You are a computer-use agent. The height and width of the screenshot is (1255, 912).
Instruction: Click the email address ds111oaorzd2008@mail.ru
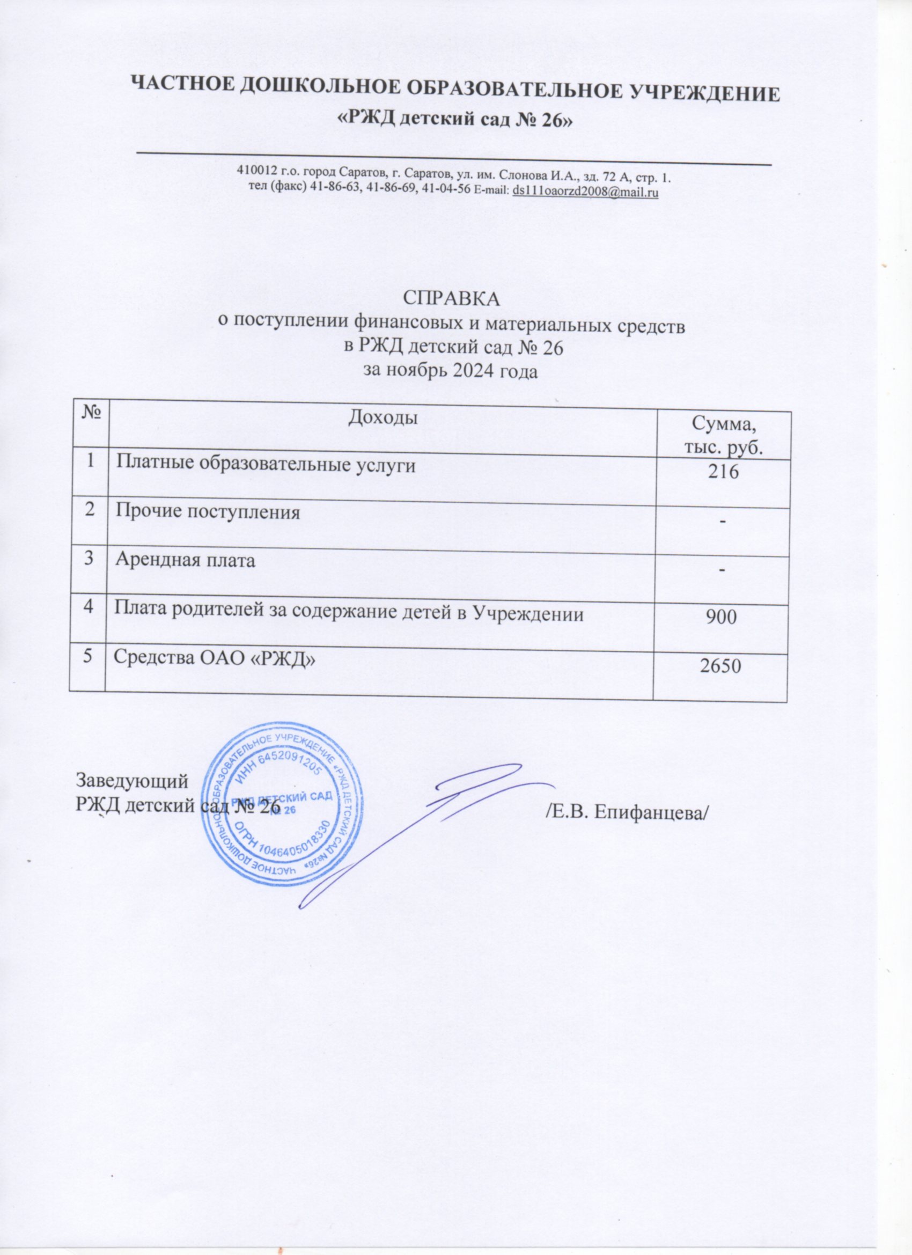585,192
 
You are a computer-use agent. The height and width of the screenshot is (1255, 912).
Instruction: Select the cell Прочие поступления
208,512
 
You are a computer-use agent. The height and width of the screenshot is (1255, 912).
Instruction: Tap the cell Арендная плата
185,561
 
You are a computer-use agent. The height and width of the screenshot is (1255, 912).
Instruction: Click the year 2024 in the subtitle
475,371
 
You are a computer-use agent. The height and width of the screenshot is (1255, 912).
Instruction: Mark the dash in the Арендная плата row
722,571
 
